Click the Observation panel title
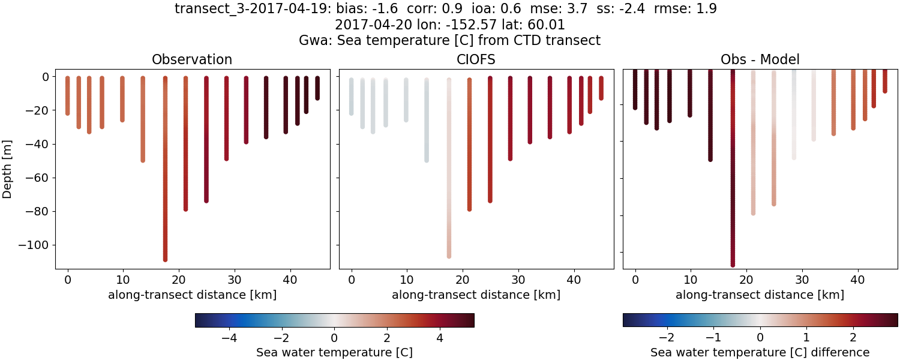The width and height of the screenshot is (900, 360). point(192,59)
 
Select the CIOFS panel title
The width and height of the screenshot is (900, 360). point(476,59)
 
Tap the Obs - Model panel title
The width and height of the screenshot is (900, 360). point(760,59)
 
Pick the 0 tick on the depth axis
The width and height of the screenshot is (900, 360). point(44,77)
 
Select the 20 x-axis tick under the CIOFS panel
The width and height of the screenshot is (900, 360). point(463,279)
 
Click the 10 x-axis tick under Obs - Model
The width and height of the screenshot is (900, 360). point(691,279)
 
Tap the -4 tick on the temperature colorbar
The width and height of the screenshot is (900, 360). point(229,338)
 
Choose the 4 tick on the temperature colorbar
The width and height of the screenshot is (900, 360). point(440,338)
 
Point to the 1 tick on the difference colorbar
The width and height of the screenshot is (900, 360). point(806,338)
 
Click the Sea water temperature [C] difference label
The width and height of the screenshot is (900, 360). point(760,352)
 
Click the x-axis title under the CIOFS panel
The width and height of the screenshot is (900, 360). point(476,295)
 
